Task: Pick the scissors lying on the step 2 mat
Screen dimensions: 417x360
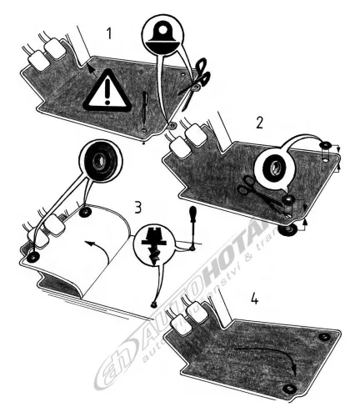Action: [254, 190]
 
